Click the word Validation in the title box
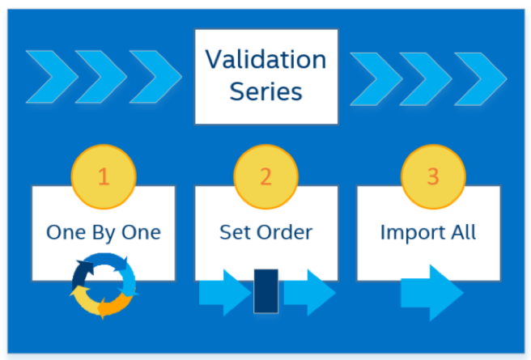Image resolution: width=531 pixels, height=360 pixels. pyautogui.click(x=265, y=60)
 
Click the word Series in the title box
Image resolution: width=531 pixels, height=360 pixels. pyautogui.click(x=265, y=91)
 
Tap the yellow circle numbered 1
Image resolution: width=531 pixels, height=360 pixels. pyautogui.click(x=104, y=176)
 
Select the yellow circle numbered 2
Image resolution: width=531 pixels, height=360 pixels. pyautogui.click(x=265, y=176)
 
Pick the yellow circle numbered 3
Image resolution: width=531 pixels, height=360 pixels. pyautogui.click(x=433, y=176)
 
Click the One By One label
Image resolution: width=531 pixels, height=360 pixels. pyautogui.click(x=104, y=233)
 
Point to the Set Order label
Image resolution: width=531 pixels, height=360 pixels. pyautogui.click(x=265, y=232)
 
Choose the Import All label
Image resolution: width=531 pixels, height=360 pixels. pyautogui.click(x=428, y=233)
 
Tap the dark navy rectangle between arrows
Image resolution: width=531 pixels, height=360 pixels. pyautogui.click(x=266, y=291)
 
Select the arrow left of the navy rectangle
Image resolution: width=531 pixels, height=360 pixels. pyautogui.click(x=225, y=293)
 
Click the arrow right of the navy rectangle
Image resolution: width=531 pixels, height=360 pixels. pyautogui.click(x=309, y=293)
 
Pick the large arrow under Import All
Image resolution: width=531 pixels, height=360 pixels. pyautogui.click(x=432, y=293)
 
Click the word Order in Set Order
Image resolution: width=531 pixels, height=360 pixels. pyautogui.click(x=284, y=232)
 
